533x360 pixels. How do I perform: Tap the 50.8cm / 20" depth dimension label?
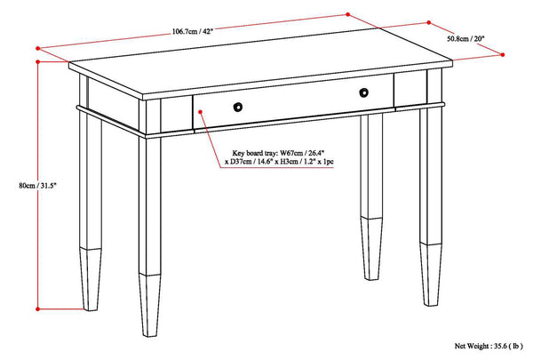click(x=465, y=38)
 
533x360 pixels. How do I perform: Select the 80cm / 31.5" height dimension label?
click(x=17, y=185)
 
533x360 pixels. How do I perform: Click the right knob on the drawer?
click(x=364, y=93)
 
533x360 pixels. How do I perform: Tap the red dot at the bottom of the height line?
click(x=37, y=307)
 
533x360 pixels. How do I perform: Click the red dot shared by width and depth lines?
click(x=347, y=14)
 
